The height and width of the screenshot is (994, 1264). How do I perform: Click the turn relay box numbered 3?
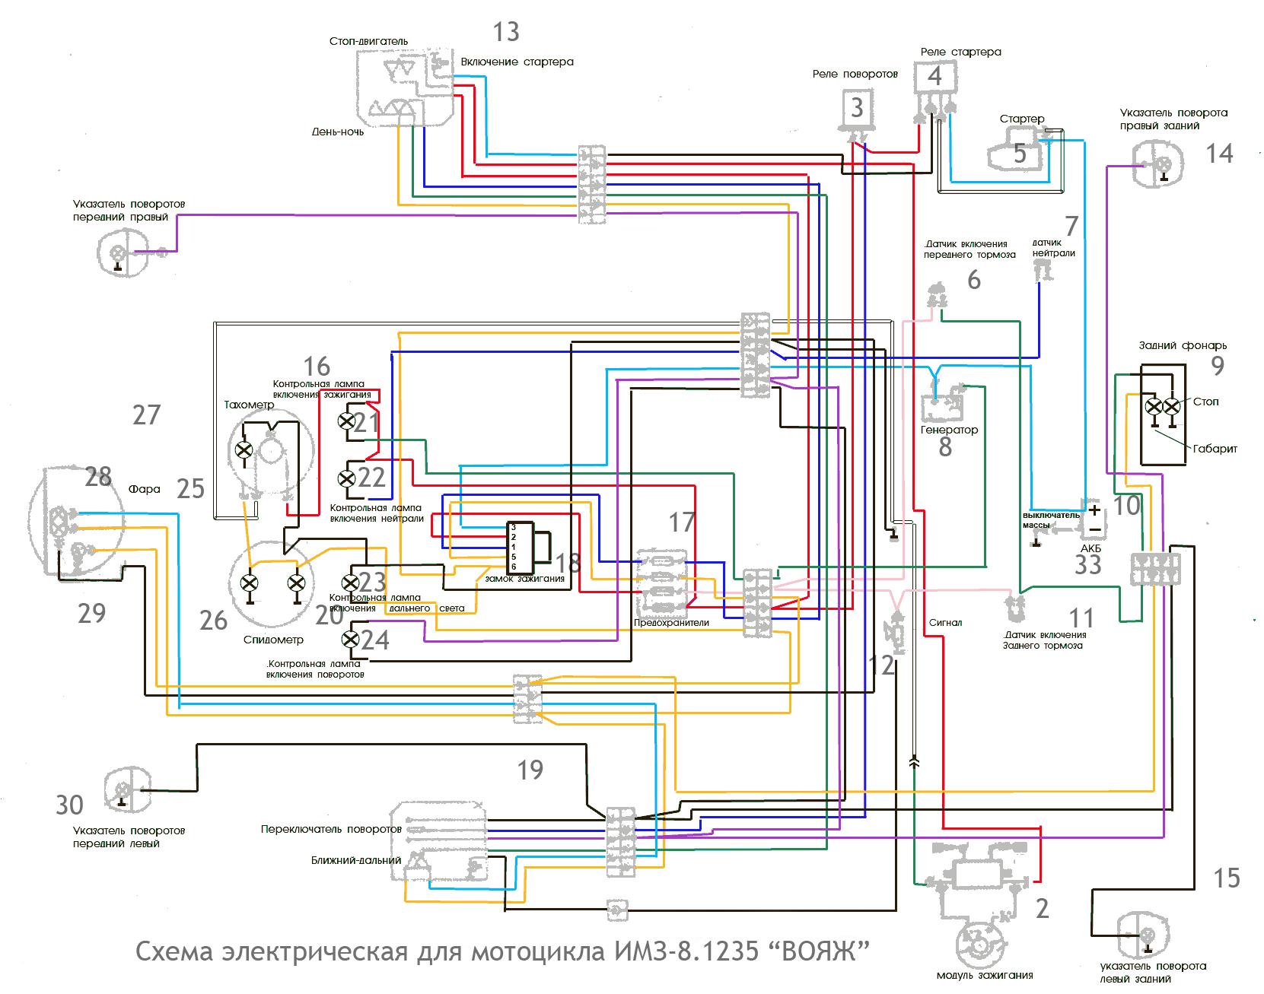click(x=857, y=109)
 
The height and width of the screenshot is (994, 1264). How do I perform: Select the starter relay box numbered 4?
click(x=934, y=77)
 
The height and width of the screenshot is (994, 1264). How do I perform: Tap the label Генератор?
click(x=949, y=430)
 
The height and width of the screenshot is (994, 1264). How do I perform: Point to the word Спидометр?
click(x=273, y=640)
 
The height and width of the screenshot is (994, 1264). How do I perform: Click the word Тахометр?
click(x=249, y=405)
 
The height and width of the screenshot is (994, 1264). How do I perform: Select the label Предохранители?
click(x=671, y=622)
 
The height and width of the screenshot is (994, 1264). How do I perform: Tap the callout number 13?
click(x=505, y=32)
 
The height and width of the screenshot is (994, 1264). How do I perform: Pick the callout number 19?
click(x=530, y=770)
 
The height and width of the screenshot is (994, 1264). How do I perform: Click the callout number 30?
click(x=69, y=805)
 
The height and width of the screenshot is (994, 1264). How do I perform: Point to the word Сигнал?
click(x=945, y=622)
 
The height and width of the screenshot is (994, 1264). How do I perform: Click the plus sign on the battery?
click(x=1094, y=509)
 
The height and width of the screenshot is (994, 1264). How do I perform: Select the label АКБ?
click(x=1090, y=548)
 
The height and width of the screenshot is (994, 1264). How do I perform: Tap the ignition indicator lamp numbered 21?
click(x=347, y=420)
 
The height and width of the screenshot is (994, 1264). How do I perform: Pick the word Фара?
click(x=145, y=489)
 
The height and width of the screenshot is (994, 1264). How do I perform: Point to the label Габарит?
click(x=1215, y=449)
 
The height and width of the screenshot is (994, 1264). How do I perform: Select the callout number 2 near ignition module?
click(x=1042, y=908)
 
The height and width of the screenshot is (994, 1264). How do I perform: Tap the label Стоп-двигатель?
click(x=369, y=41)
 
